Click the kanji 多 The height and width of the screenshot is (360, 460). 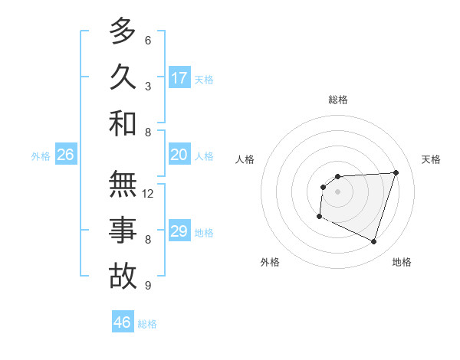pyautogui.click(x=123, y=32)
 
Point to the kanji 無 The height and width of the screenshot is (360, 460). pyautogui.click(x=123, y=185)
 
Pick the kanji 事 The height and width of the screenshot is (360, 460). pyautogui.click(x=123, y=231)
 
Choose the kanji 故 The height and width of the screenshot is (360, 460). pyautogui.click(x=123, y=277)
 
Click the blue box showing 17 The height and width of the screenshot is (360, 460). pyautogui.click(x=179, y=78)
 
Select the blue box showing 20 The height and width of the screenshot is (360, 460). pyautogui.click(x=179, y=155)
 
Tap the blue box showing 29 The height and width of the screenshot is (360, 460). pyautogui.click(x=179, y=231)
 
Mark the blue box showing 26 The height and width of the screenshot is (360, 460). pyautogui.click(x=65, y=155)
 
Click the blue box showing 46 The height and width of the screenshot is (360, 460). pyautogui.click(x=123, y=322)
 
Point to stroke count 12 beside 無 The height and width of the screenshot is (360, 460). pyautogui.click(x=148, y=194)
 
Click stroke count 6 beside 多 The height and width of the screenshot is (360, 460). pyautogui.click(x=148, y=41)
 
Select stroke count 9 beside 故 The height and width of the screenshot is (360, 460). pyautogui.click(x=148, y=286)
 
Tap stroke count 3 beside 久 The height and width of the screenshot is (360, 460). pyautogui.click(x=148, y=87)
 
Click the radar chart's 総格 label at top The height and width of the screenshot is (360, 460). pyautogui.click(x=338, y=100)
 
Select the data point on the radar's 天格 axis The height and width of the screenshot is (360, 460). pyautogui.click(x=396, y=172)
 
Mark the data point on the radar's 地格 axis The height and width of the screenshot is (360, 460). pyautogui.click(x=373, y=242)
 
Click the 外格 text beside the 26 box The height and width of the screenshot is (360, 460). pyautogui.click(x=41, y=156)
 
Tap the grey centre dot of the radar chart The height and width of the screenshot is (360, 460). pyautogui.click(x=337, y=191)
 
